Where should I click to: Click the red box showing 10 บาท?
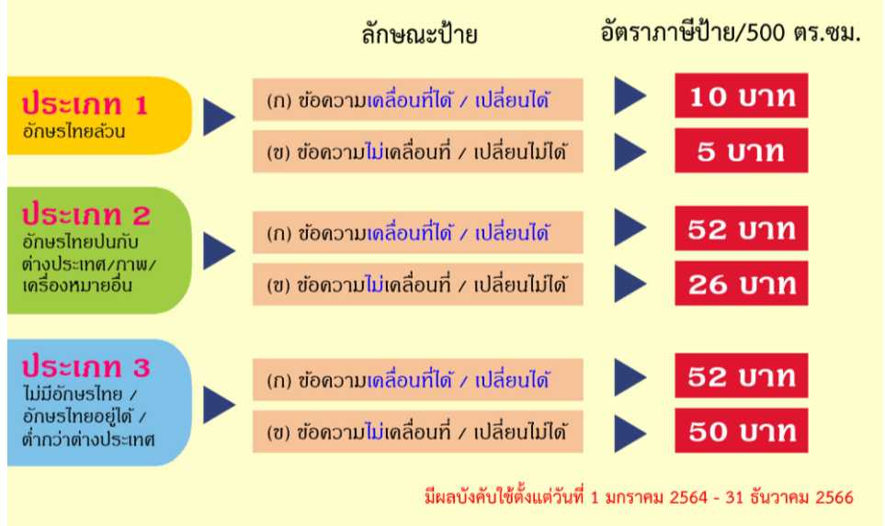[x=741, y=95]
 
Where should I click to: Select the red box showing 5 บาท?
[x=741, y=151]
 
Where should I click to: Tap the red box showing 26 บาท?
[x=741, y=284]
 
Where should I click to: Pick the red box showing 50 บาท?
[x=741, y=431]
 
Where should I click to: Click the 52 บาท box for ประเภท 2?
[x=741, y=229]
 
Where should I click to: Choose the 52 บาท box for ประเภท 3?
[x=741, y=375]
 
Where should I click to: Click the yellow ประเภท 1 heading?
[x=85, y=105]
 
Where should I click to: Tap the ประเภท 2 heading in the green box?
[x=85, y=214]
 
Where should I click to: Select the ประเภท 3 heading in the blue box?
[x=85, y=366]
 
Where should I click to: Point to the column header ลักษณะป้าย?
[x=419, y=34]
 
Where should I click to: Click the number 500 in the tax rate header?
[x=766, y=33]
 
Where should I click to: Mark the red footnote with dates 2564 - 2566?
[x=639, y=497]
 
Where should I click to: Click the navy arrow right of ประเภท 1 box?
[x=219, y=117]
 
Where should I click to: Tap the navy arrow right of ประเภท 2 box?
[x=219, y=251]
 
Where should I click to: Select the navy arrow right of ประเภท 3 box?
[x=219, y=405]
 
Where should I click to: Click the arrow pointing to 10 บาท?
[x=630, y=95]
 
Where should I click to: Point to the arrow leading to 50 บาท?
[x=630, y=433]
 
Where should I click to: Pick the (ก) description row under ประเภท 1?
[x=417, y=100]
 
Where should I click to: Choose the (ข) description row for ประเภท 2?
[x=417, y=285]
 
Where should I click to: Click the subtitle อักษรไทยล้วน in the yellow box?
[x=74, y=131]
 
